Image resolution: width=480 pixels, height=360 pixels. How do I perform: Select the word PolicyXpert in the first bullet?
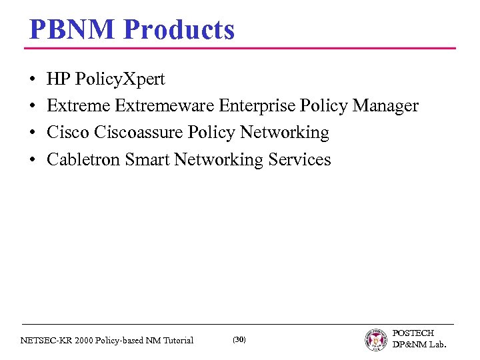(120, 80)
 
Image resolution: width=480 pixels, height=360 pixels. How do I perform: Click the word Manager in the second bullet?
(386, 106)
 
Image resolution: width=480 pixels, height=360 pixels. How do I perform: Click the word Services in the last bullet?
(299, 159)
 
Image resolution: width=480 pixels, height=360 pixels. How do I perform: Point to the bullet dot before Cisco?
(33, 133)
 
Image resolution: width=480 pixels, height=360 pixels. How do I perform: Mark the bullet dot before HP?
(33, 80)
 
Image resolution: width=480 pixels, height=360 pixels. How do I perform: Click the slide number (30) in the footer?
(239, 340)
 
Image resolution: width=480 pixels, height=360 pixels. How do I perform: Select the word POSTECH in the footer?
(413, 333)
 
